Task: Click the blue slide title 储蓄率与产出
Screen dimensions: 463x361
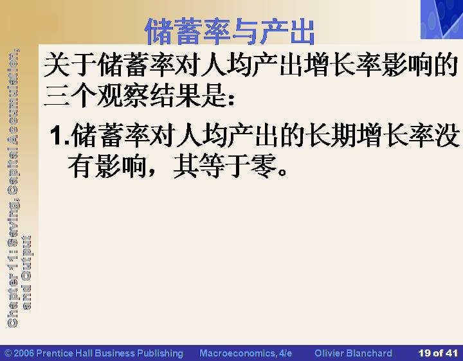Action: (230, 31)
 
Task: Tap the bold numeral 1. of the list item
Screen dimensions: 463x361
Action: (60, 136)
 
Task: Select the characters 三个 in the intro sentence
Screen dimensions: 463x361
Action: (70, 96)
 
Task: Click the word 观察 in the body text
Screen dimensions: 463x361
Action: (123, 96)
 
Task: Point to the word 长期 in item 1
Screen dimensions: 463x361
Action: (332, 136)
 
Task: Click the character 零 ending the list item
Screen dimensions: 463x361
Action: (264, 166)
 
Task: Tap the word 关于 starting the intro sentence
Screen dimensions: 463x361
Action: (70, 64)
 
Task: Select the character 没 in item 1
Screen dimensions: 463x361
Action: (448, 136)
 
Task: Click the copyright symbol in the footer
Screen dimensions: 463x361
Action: (8, 353)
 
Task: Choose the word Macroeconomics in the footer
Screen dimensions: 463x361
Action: (238, 353)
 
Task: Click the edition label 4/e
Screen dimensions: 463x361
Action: (285, 353)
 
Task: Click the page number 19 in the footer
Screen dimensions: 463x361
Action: (424, 353)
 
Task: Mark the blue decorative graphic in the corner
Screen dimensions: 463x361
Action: (442, 19)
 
